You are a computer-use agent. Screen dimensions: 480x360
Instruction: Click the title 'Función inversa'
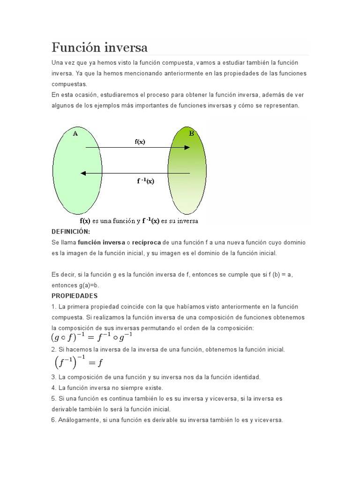tap(99, 47)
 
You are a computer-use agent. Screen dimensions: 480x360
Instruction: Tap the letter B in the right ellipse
tap(191, 134)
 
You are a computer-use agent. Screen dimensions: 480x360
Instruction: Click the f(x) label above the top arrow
tap(140, 142)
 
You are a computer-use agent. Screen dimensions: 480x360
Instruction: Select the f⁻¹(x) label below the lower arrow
tap(146, 181)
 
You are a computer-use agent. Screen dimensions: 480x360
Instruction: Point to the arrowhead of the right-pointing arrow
tap(187, 148)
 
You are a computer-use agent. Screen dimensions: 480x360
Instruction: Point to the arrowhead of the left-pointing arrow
tap(83, 173)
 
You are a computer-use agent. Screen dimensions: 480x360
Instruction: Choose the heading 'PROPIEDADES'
tap(75, 296)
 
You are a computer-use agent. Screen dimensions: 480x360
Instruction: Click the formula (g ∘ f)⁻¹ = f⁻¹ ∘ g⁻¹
tap(92, 337)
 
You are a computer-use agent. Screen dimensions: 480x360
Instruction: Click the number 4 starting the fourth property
tap(53, 388)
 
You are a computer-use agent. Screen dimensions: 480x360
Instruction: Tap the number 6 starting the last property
tap(53, 420)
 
